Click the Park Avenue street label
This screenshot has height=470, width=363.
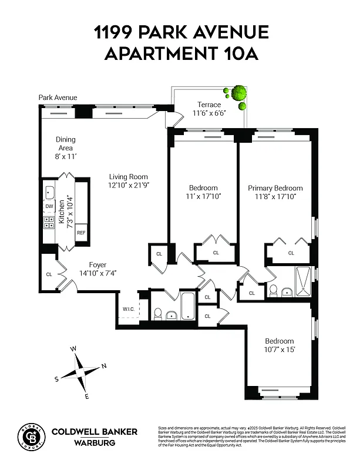[58, 98]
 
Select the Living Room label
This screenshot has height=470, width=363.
[128, 176]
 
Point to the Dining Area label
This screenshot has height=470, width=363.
[65, 144]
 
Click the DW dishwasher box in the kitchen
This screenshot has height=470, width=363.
[49, 206]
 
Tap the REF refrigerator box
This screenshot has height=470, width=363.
[81, 233]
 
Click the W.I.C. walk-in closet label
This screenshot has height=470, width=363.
[129, 310]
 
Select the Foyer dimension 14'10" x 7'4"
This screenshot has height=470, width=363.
[98, 273]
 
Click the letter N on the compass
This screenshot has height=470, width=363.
[104, 366]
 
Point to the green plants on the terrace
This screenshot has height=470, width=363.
[237, 95]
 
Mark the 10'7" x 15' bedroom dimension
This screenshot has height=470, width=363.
[279, 350]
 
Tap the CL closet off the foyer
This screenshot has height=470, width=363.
[48, 274]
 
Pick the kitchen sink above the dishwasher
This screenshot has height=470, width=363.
[49, 192]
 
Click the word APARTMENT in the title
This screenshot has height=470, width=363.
[161, 54]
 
